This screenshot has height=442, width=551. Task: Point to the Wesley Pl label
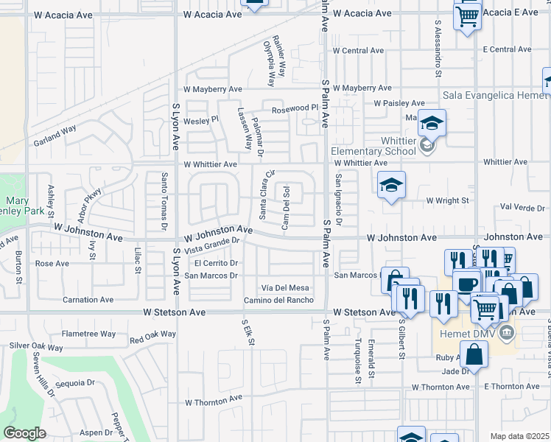[201, 120]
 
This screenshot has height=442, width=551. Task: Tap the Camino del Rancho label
[279, 300]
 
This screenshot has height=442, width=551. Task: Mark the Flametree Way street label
[88, 334]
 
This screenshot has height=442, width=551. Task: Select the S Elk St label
[250, 332]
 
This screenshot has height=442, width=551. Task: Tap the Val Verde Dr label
[520, 208]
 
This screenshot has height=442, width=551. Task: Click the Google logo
[24, 433]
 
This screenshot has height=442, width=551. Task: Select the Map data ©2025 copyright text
[519, 436]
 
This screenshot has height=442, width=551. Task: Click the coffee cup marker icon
[466, 284]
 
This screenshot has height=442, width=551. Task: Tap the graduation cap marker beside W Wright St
[391, 186]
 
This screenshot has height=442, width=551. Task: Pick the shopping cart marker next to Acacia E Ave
[467, 15]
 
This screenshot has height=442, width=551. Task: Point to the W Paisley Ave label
[399, 103]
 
